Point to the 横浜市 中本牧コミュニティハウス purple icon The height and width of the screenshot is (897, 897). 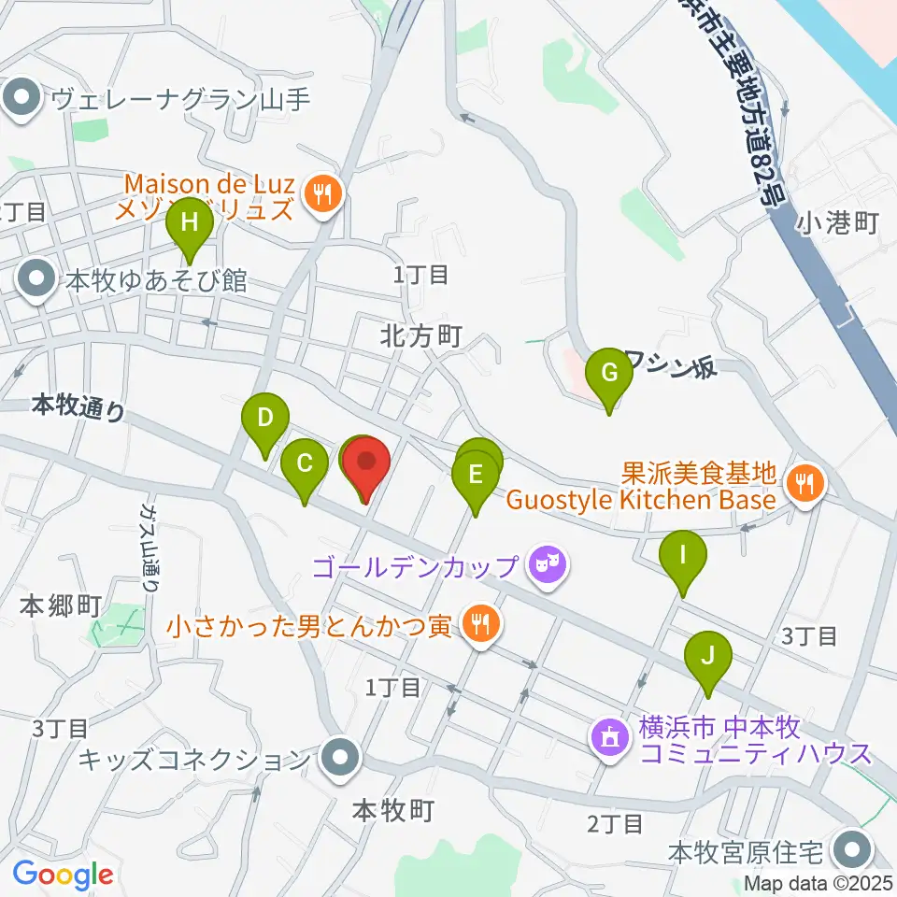[608, 737]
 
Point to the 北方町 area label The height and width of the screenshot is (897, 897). [420, 336]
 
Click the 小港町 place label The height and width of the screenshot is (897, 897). [838, 224]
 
